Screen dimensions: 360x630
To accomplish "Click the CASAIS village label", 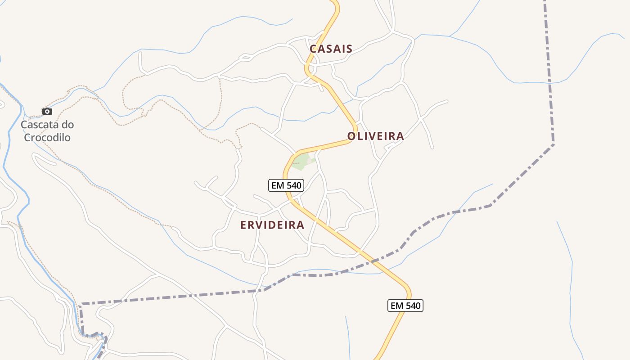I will point(331,49).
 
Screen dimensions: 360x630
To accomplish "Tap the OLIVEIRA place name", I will point(375,136).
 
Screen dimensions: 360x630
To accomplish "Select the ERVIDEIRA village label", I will point(272,225).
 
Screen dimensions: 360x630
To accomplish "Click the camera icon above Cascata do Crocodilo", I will point(47,111).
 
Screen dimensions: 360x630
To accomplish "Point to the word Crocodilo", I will point(47,138).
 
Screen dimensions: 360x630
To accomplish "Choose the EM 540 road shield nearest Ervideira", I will point(286,185).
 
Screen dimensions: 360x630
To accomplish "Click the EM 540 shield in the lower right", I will point(405,306).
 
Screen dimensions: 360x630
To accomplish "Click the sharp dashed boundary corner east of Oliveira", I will point(553,144).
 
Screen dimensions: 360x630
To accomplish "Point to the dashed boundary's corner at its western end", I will point(81,305).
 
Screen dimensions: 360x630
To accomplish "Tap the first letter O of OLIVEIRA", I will point(351,136).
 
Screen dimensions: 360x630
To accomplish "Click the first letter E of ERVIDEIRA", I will point(243,225).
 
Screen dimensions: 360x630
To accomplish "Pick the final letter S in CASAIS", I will point(349,49).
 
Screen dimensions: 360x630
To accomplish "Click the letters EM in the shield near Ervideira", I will point(277,185).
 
